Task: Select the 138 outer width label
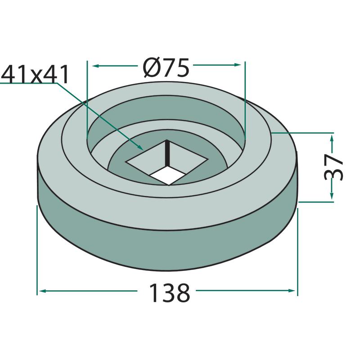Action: [x=170, y=293]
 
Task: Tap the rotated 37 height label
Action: [x=333, y=167]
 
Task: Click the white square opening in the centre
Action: [x=166, y=175]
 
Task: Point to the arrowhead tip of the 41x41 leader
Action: [x=144, y=150]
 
